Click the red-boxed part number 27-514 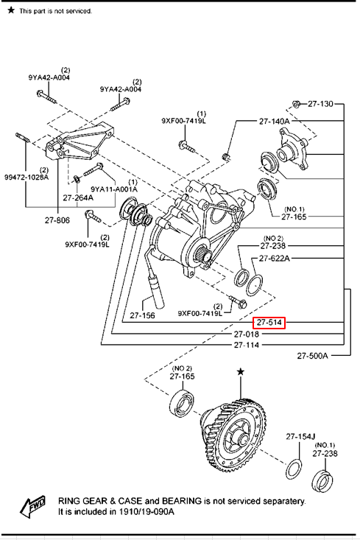click(x=269, y=323)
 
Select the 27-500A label click(x=312, y=355)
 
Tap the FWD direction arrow click(x=32, y=507)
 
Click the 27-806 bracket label click(x=57, y=220)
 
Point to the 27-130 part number click(x=320, y=104)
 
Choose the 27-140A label click(x=275, y=122)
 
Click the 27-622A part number click(x=275, y=258)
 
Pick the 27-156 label click(x=142, y=315)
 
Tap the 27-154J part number click(x=300, y=436)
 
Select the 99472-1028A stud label click(x=27, y=178)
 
